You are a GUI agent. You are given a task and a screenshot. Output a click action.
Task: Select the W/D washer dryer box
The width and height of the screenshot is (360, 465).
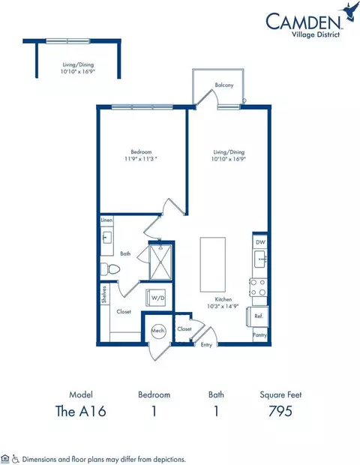(160, 297)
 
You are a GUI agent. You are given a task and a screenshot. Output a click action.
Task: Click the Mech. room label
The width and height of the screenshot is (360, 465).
(158, 329)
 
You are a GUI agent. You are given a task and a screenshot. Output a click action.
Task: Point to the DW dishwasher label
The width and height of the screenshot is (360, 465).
(259, 242)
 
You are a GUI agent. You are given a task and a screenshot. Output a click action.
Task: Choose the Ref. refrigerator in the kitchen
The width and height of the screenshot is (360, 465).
(258, 316)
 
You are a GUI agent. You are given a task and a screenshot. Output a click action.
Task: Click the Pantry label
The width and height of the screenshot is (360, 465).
(259, 335)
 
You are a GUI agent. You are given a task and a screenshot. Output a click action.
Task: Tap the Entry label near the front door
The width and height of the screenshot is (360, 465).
(206, 345)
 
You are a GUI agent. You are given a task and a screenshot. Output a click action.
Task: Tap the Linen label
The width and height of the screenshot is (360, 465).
(106, 221)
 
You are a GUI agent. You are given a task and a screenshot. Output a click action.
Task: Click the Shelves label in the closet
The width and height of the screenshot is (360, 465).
(105, 295)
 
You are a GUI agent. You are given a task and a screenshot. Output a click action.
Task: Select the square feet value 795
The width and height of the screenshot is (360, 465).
(280, 411)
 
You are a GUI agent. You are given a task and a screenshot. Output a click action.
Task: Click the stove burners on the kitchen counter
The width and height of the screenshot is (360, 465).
(259, 286)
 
